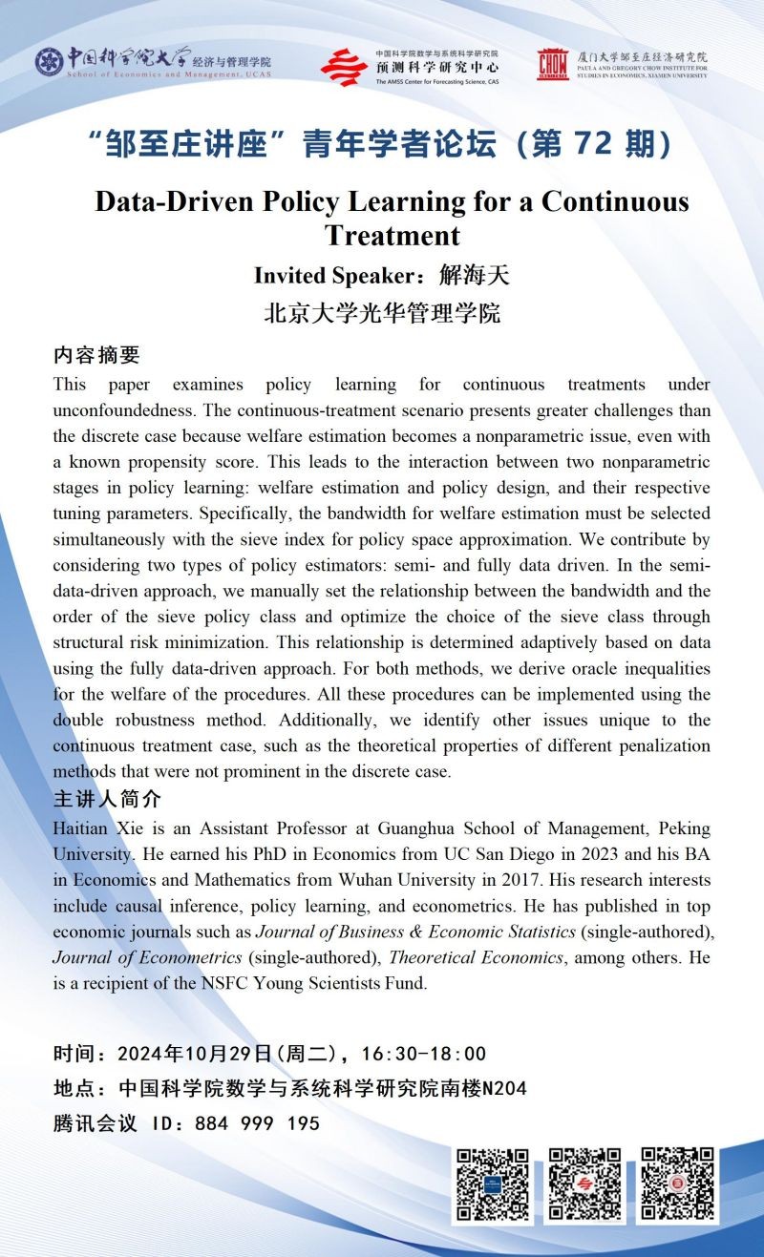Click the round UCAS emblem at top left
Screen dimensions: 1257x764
50,61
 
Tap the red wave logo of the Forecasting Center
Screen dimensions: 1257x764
344,66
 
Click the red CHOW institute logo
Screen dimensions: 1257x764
552,65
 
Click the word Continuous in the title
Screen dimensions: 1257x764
615,202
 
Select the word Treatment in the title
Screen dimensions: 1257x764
392,235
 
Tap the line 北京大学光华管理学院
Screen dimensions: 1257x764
382,313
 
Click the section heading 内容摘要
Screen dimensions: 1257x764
95,356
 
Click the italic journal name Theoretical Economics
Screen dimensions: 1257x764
476,957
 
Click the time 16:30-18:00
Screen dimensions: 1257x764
424,1054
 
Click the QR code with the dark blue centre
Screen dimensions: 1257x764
491,1185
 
